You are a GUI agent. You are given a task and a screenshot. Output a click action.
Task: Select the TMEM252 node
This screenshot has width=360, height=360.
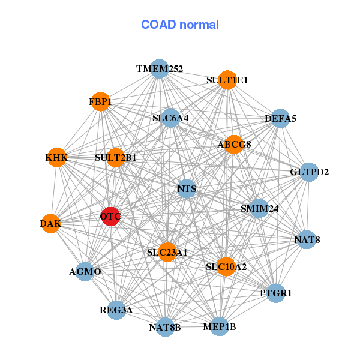pyautogui.click(x=159, y=69)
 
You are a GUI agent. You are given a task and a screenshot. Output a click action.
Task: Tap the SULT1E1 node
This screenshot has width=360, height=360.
pyautogui.click(x=227, y=80)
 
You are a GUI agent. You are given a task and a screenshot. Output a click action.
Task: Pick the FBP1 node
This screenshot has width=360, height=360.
pyautogui.click(x=100, y=102)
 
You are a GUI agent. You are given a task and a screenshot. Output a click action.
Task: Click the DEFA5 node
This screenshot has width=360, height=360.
pyautogui.click(x=280, y=119)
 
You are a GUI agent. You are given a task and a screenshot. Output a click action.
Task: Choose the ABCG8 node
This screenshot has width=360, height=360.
pyautogui.click(x=234, y=144)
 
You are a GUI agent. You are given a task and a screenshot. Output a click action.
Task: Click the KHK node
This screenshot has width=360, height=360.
pyautogui.click(x=56, y=158)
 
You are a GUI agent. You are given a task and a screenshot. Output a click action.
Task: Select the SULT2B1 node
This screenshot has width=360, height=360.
pyautogui.click(x=115, y=158)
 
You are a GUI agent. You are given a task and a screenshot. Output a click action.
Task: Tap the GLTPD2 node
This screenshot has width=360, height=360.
pyautogui.click(x=309, y=172)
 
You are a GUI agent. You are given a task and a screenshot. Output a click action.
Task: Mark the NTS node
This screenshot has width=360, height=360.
pyautogui.click(x=187, y=190)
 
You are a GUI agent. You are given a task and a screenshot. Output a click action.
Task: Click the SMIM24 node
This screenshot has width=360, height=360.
pyautogui.click(x=259, y=209)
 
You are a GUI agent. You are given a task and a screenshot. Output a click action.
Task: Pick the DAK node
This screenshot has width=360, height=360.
pyautogui.click(x=50, y=224)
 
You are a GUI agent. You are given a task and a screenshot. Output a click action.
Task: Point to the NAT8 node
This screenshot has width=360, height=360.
pyautogui.click(x=307, y=240)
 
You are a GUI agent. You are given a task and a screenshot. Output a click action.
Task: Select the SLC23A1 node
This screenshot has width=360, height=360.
pyautogui.click(x=167, y=252)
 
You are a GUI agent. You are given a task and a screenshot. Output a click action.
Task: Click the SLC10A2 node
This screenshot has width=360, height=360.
pyautogui.click(x=226, y=266)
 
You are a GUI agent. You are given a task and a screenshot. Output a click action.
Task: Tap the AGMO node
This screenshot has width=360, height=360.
pyautogui.click(x=85, y=272)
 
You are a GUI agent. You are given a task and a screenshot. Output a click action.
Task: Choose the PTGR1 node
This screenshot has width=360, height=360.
pyautogui.click(x=276, y=293)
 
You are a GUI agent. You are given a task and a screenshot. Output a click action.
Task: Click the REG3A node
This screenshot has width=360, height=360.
pyautogui.click(x=116, y=310)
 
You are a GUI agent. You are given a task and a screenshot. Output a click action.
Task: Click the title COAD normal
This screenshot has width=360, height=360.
pyautogui.click(x=180, y=25)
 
